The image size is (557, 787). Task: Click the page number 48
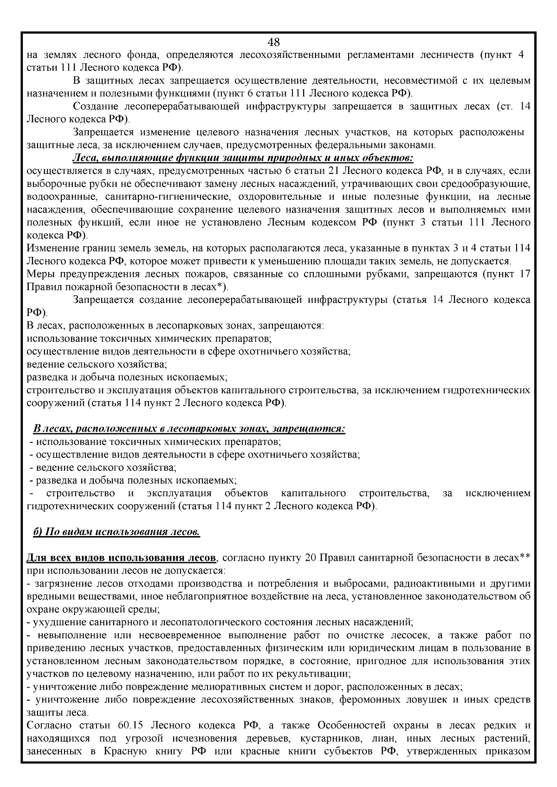point(274,43)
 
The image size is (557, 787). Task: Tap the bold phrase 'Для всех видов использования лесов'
point(122,557)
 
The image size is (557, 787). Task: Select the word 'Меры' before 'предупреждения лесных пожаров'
point(37,274)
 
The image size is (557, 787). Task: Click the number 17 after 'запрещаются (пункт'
point(525,274)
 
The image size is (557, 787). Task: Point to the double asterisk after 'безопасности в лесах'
point(525,557)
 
